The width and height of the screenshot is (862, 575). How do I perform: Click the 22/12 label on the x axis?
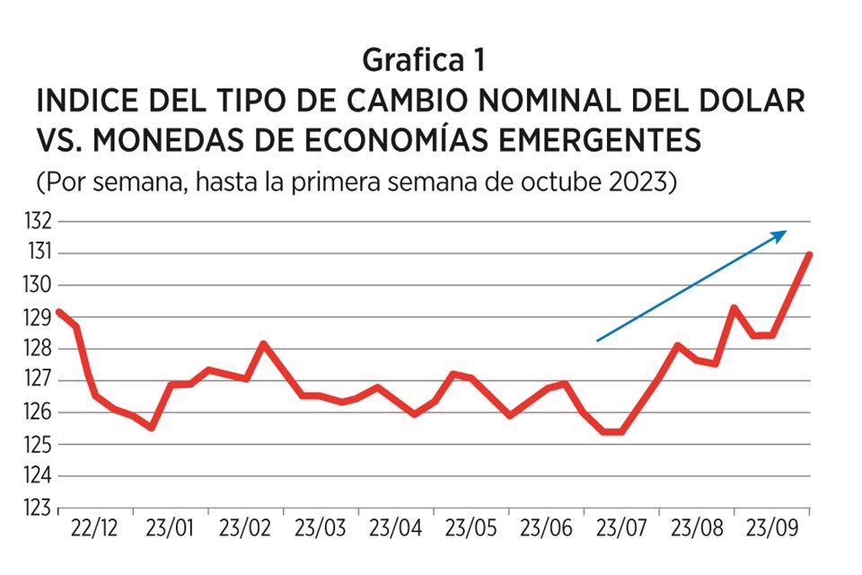(95, 527)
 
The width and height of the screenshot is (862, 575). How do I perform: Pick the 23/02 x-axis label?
(245, 527)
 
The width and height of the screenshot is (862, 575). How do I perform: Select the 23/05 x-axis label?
(471, 527)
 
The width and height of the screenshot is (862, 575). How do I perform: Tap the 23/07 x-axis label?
(620, 527)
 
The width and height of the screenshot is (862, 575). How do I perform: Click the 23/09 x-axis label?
(770, 527)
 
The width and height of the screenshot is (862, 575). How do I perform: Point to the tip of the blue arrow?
(787, 231)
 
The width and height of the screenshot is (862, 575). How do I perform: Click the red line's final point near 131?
(810, 254)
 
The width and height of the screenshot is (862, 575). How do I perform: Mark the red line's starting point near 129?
(59, 312)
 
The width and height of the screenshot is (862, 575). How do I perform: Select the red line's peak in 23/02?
(261, 343)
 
